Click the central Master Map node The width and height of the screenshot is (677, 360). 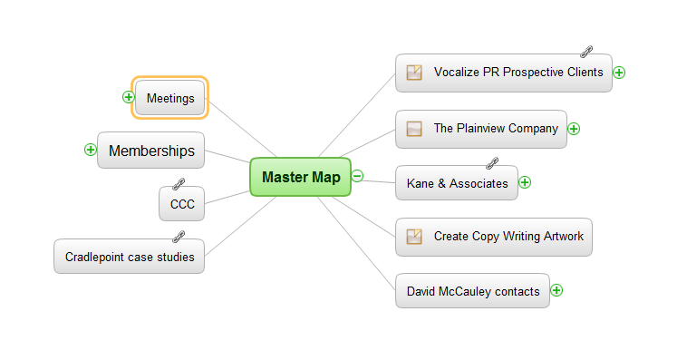coord(300,177)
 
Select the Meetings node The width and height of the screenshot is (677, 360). coord(170,98)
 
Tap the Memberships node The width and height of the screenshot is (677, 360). coord(151,151)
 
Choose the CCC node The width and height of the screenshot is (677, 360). coord(181,204)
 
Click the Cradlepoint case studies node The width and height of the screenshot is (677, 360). coord(130,257)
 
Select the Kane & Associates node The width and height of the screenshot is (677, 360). coord(457,183)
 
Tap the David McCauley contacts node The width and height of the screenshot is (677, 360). coord(472,291)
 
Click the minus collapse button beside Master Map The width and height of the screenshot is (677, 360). coord(357,176)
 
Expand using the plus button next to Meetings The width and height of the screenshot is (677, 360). coord(129,96)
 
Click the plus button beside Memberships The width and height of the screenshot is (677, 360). coord(90,150)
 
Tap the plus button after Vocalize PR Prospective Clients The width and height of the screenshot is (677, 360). coord(620,73)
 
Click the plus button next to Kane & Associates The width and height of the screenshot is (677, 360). coord(525,182)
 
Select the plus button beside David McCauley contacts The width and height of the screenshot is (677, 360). coord(556,290)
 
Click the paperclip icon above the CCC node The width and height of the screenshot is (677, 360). coord(179,184)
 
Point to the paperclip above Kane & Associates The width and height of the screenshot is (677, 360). coord(492,163)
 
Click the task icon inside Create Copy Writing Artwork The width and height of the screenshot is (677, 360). coord(414,237)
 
